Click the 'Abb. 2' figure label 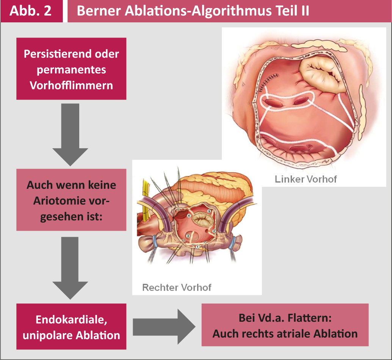click(x=31, y=11)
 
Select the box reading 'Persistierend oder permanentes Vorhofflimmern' click(x=71, y=69)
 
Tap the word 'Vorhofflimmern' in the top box click(x=71, y=85)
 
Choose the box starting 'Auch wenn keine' click(x=71, y=200)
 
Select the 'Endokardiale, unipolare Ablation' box click(x=71, y=327)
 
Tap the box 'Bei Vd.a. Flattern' click(x=285, y=325)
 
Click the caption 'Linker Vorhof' click(x=306, y=179)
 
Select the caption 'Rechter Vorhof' click(x=177, y=287)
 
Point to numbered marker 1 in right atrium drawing click(x=197, y=247)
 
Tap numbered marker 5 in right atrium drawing click(x=209, y=211)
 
